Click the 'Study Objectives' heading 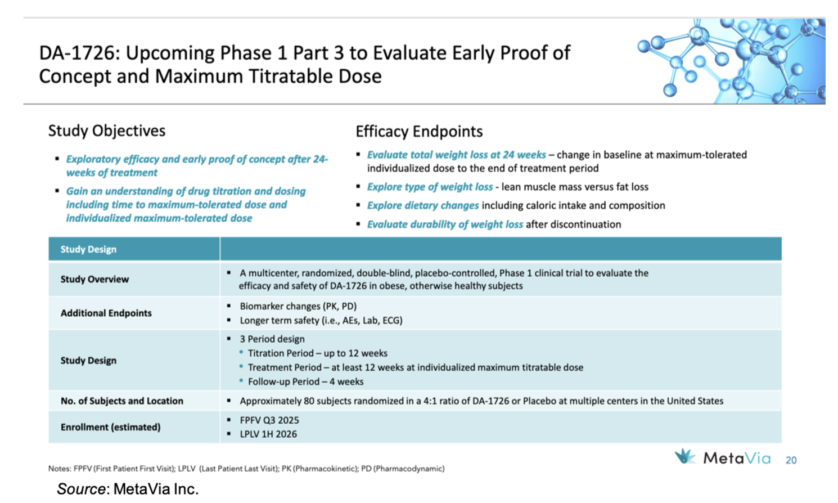[x=107, y=131]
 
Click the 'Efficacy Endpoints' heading [x=419, y=131]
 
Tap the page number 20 [x=791, y=460]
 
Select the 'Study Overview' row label [x=94, y=279]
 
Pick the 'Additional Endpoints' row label [x=106, y=313]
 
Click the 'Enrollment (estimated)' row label [x=110, y=427]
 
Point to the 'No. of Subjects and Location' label [x=121, y=401]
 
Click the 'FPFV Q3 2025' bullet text [x=269, y=420]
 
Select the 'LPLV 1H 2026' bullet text [x=268, y=434]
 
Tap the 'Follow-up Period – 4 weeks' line [x=305, y=381]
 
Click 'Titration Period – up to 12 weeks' [x=317, y=353]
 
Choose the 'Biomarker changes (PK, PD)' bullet [x=298, y=306]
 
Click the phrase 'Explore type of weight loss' [x=430, y=187]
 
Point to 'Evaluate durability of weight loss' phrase [x=445, y=224]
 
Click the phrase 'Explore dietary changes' [x=422, y=205]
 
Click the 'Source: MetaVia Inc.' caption [x=128, y=488]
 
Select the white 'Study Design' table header [x=88, y=249]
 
